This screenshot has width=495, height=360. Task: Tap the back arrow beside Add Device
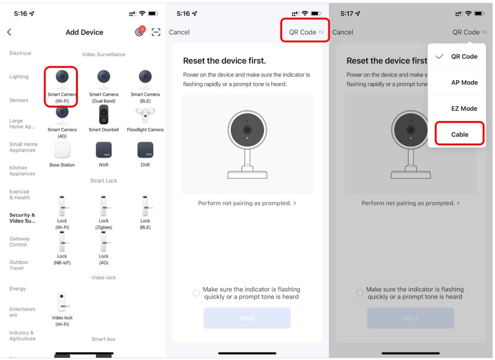[9, 32]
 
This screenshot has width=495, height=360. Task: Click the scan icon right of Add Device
[156, 32]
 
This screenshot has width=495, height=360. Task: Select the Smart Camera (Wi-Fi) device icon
[62, 79]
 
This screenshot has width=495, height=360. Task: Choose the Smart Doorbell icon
[103, 114]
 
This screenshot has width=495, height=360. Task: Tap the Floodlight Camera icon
[145, 115]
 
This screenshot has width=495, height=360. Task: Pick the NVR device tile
[103, 150]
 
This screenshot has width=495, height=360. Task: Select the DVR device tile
[145, 150]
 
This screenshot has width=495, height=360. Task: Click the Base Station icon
[62, 150]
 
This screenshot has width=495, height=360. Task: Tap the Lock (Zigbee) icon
[103, 206]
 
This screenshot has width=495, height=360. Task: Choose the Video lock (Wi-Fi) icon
[62, 302]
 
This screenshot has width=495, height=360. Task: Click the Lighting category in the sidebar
[19, 77]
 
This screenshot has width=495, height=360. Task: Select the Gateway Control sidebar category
[19, 242]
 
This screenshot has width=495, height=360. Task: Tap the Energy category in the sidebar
[18, 288]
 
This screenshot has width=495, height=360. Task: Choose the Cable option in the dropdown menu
[459, 135]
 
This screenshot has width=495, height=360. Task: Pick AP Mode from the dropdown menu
[464, 82]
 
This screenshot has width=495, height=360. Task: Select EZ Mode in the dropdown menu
[464, 108]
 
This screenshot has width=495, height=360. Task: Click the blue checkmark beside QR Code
[440, 57]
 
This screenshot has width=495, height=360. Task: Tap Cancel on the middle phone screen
[179, 32]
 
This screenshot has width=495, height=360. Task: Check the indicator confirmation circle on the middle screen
[196, 293]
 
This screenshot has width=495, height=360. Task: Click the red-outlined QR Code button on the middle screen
[305, 31]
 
